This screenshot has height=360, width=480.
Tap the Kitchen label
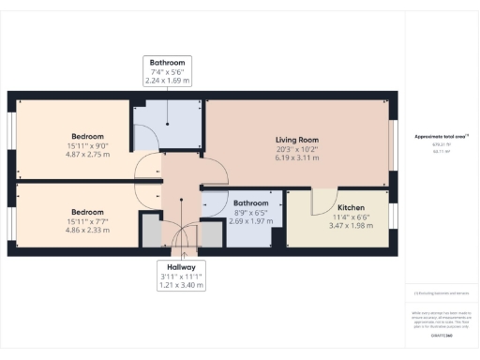point(352,207)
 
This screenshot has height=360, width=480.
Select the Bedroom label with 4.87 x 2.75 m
point(88,135)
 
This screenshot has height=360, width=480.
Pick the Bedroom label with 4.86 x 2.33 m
point(87,212)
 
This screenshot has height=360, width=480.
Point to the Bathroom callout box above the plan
point(168,71)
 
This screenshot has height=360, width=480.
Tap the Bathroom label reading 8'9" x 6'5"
point(251,203)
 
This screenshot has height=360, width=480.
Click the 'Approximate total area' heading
point(440,137)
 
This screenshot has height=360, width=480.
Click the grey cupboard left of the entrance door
point(148,230)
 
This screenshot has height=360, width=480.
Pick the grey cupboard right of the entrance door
point(211,233)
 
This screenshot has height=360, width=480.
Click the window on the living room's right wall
point(393,144)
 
